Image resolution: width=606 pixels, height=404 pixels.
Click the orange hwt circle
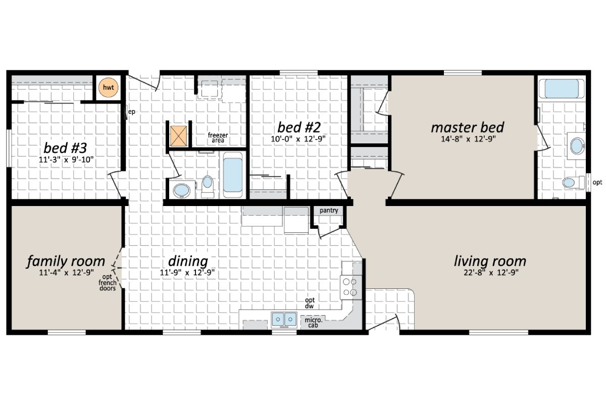click(x=108, y=88)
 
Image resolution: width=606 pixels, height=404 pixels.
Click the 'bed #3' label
click(x=66, y=148)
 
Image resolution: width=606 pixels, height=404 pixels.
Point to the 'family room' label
click(x=66, y=262)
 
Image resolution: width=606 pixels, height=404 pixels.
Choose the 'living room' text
click(x=489, y=261)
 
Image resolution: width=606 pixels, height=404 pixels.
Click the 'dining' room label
click(x=188, y=261)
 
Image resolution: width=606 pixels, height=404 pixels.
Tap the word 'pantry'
click(x=329, y=210)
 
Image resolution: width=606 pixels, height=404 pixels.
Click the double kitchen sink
click(x=284, y=319)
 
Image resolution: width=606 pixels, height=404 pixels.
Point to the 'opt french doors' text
click(x=107, y=283)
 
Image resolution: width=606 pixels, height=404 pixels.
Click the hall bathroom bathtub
click(x=233, y=175)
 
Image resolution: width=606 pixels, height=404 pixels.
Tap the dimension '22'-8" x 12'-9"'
click(x=489, y=273)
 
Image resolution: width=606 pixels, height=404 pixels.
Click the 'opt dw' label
click(x=311, y=303)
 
